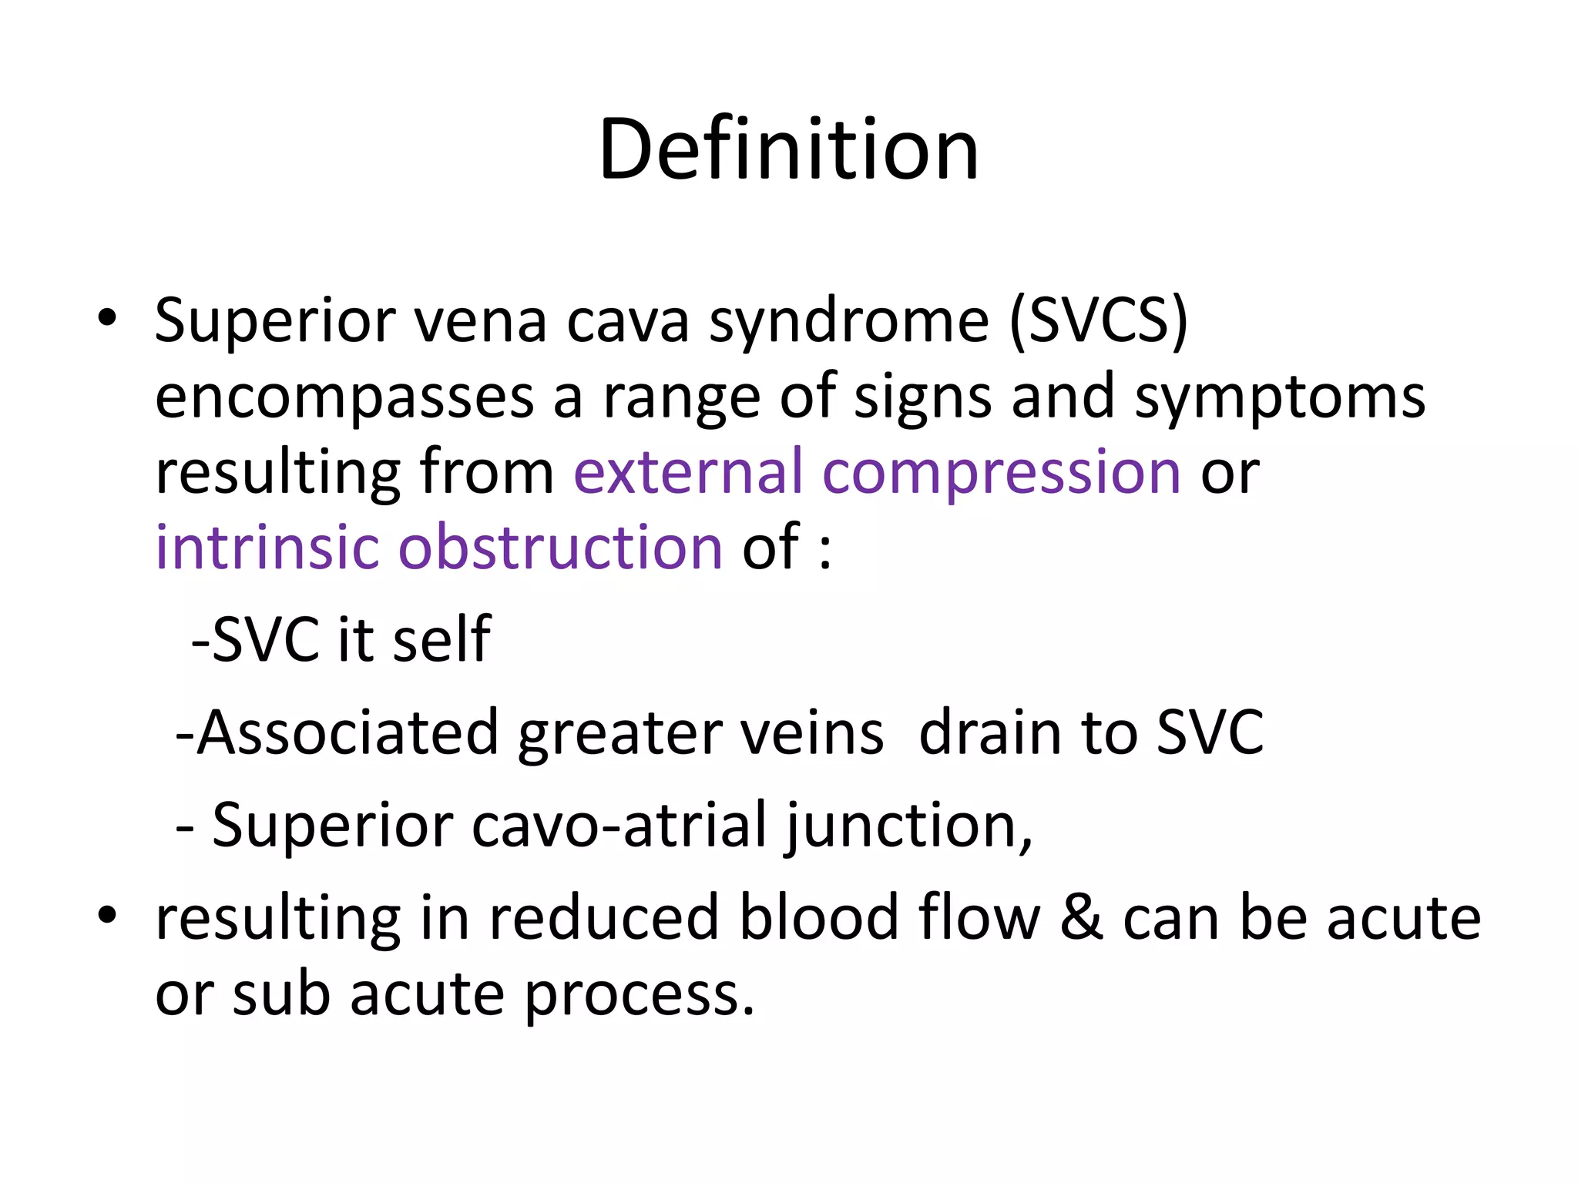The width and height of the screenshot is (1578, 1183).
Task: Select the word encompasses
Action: pyautogui.click(x=344, y=398)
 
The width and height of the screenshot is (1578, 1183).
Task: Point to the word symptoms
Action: pyautogui.click(x=1280, y=398)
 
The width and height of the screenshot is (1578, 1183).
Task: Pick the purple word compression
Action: pyautogui.click(x=1002, y=473)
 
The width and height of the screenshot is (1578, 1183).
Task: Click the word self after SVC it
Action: pyautogui.click(x=442, y=638)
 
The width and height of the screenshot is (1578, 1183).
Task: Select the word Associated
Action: pyautogui.click(x=347, y=732)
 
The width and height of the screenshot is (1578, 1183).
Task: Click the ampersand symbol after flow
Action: pyautogui.click(x=1081, y=918)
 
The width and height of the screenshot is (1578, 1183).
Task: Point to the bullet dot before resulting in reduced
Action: pyautogui.click(x=107, y=914)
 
